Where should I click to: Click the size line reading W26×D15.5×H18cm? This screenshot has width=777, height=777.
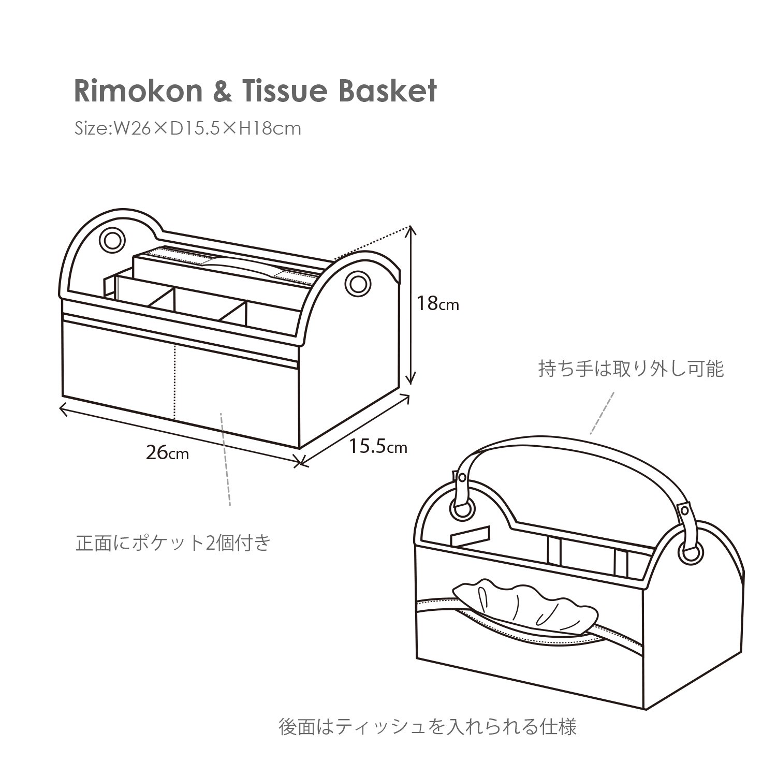[187, 128]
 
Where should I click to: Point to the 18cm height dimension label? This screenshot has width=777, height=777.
[438, 303]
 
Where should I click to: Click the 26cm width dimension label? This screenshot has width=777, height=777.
[167, 453]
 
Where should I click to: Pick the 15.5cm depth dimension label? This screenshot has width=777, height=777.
[377, 446]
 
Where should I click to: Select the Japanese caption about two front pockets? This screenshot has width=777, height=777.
[173, 544]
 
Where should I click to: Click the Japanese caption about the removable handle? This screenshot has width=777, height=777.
[631, 369]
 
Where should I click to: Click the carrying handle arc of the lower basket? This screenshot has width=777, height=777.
[569, 445]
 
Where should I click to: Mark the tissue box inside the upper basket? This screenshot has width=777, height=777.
[228, 269]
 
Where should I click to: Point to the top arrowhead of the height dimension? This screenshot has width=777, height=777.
[411, 229]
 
